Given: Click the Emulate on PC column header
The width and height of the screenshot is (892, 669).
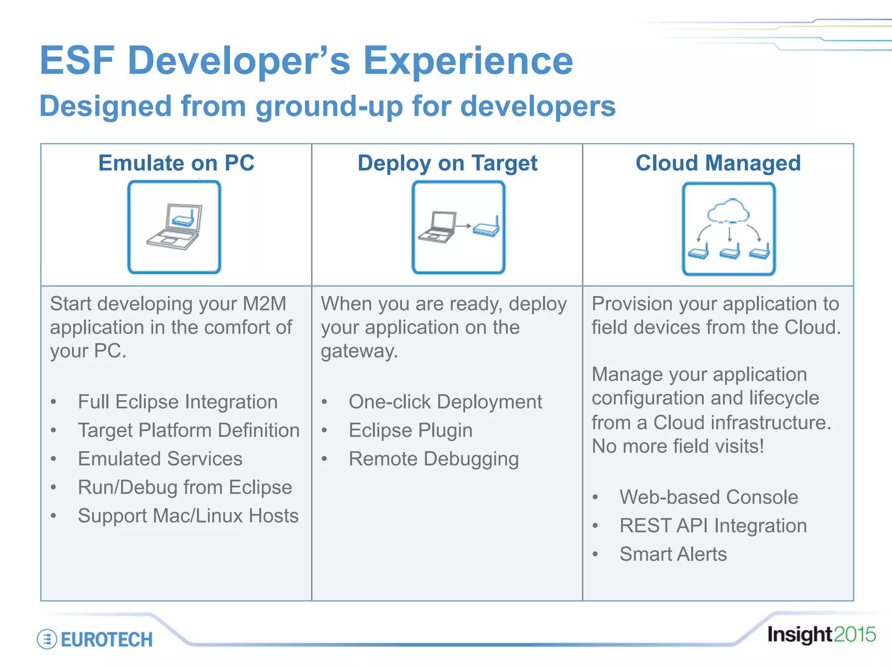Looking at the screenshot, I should [x=176, y=163].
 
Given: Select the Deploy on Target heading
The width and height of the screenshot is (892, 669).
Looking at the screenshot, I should [x=447, y=163].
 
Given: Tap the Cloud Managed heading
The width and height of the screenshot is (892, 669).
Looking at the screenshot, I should [x=718, y=163].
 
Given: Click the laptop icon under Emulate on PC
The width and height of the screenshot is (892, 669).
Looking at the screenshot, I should [x=175, y=227].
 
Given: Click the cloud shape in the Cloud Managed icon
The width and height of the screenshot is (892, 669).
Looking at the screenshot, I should [x=728, y=211].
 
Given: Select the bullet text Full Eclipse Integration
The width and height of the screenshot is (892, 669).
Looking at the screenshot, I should [x=178, y=402].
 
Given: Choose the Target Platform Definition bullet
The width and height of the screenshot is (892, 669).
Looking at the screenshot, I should [x=189, y=430].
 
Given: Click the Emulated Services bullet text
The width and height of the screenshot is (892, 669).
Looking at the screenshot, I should [x=160, y=459].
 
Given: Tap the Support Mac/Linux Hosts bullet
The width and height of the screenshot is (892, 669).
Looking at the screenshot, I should [x=188, y=516].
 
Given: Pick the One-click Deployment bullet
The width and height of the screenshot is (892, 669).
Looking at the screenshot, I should [x=445, y=402].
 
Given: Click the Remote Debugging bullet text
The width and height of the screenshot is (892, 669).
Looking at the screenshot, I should [x=434, y=459].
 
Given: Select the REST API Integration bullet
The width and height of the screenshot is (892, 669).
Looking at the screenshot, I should [x=713, y=526].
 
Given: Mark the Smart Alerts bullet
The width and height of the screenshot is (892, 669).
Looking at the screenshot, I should [x=673, y=554].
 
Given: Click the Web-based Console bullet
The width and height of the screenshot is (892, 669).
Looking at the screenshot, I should [x=709, y=497].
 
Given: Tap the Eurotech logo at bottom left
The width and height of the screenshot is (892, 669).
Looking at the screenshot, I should [x=95, y=639].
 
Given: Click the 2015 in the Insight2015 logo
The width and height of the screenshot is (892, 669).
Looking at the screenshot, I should [x=855, y=635].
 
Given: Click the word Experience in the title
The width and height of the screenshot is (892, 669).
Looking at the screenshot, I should [x=468, y=61].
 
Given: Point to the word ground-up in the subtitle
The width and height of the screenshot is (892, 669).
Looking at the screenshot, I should [x=329, y=107].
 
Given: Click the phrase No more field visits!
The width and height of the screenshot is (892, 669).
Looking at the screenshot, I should [x=678, y=446].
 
